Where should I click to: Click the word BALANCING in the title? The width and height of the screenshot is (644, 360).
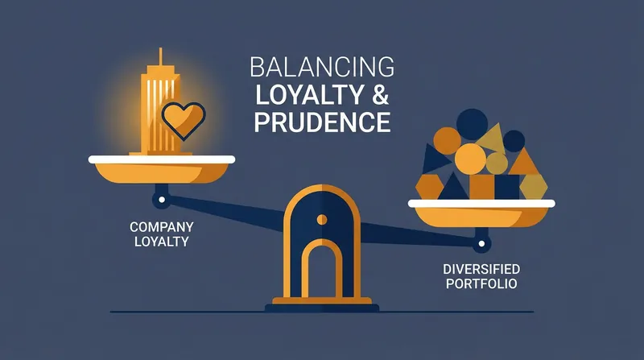tap(322, 68)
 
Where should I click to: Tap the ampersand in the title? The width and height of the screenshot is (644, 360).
tap(380, 94)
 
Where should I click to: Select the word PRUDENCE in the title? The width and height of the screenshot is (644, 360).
tap(322, 122)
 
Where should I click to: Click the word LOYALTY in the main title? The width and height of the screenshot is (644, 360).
tap(310, 94)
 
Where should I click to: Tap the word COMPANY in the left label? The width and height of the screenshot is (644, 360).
tap(162, 227)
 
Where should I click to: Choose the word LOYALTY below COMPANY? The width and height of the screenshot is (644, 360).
tap(162, 242)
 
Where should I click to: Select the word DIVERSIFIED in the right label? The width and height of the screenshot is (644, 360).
tap(481, 269)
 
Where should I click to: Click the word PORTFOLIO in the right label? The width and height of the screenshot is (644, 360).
tap(481, 283)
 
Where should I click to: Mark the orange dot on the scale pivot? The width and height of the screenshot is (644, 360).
tap(322, 219)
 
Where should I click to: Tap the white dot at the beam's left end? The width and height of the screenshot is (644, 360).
tap(162, 200)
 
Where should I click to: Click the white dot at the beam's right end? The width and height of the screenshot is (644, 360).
tap(481, 244)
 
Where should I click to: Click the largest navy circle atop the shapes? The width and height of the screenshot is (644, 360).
tap(472, 125)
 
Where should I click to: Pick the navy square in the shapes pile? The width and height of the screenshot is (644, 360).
tap(507, 187)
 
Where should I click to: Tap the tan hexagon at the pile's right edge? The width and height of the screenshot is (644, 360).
tap(533, 187)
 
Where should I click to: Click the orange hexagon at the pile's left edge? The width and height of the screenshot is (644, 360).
tap(430, 187)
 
